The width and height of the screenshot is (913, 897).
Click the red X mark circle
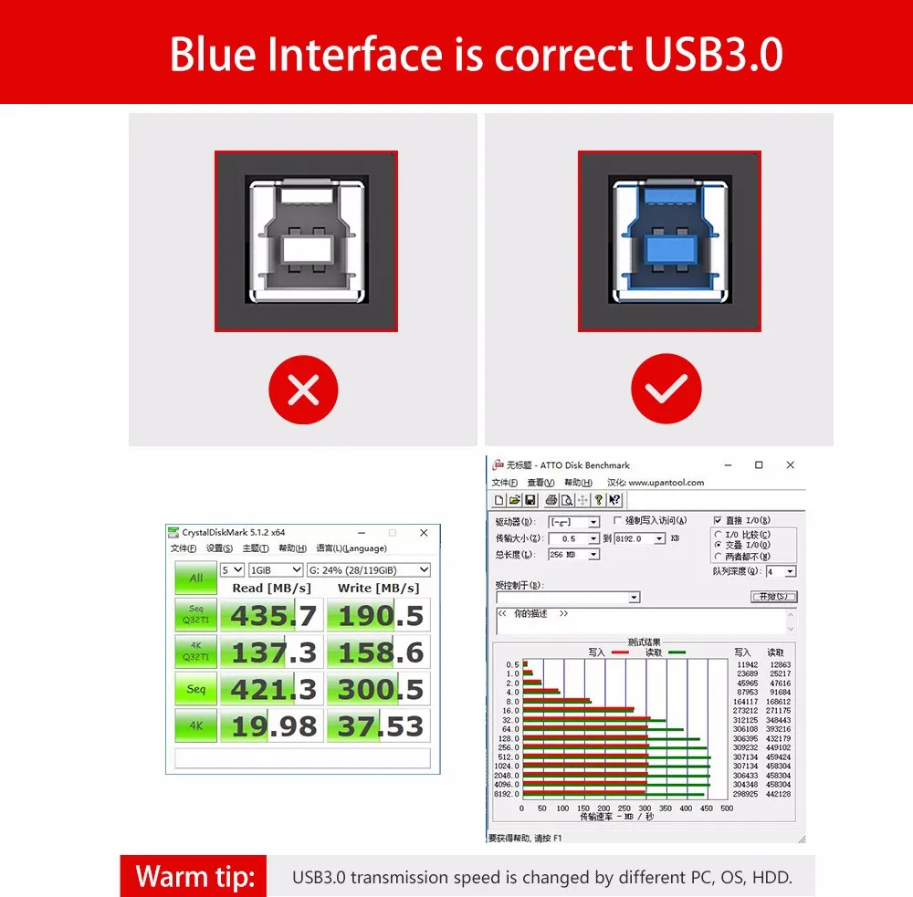point(303,390)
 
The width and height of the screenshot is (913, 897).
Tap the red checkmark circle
point(666,390)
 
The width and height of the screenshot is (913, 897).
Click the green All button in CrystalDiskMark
point(195,578)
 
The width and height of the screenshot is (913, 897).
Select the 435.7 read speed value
point(273,616)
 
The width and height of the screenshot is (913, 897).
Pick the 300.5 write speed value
point(381,690)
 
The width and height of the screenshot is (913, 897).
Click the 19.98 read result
point(273,726)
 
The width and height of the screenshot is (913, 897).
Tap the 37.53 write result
point(381,726)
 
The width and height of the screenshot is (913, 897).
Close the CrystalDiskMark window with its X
point(424,532)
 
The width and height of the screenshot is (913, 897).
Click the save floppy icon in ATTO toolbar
point(530,500)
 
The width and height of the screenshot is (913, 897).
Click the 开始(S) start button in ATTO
point(773,597)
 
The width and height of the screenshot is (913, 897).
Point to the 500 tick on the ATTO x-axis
point(727,808)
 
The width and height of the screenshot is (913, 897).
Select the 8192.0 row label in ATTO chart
point(507,794)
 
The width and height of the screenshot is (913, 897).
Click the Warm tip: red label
point(194,877)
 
